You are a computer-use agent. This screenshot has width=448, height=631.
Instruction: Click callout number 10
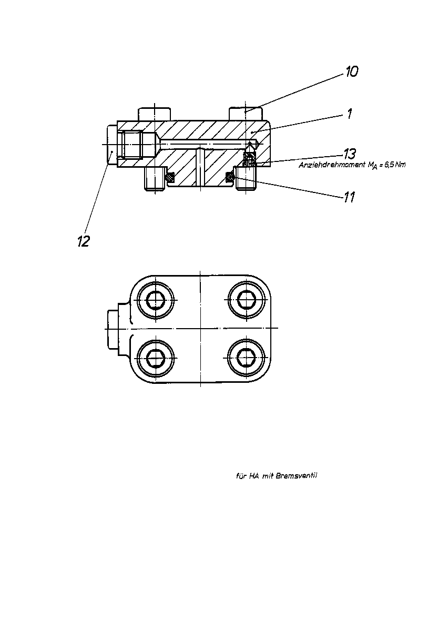pos(352,72)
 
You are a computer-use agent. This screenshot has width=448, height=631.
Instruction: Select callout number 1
pos(349,114)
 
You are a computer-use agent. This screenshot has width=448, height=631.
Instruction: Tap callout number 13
pos(350,154)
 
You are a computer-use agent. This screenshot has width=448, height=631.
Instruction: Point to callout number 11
pos(349,197)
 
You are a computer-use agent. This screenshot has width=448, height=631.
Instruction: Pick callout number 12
pos(84,241)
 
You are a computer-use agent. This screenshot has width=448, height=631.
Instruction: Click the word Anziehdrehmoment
pos(332,165)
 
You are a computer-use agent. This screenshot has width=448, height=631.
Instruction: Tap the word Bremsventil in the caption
pos(297,476)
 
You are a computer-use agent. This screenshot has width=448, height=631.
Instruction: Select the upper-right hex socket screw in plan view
pos(247,299)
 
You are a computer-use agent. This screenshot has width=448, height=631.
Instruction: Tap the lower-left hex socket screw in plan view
pos(156,358)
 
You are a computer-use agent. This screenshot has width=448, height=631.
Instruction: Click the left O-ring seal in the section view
pos(170,177)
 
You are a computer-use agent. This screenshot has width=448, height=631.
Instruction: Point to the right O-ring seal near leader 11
pos(230,177)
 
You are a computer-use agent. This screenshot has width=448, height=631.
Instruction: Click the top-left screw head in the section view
pos(154,114)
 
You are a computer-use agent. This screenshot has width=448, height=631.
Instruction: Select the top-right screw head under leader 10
pos(246,114)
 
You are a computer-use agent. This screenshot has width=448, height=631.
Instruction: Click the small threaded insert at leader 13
pos(249,160)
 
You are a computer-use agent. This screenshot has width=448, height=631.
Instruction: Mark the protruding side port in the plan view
pos(113,329)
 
